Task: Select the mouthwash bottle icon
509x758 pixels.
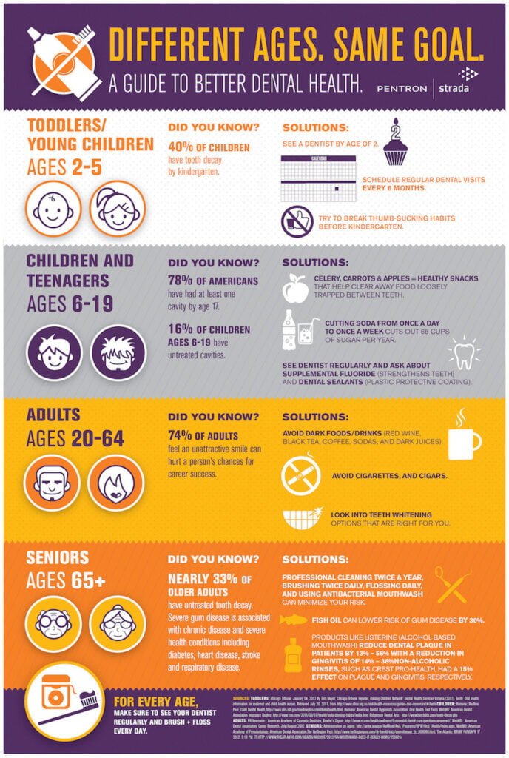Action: (294, 655)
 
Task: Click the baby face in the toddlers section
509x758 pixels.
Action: (53, 209)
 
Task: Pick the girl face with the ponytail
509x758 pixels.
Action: (117, 209)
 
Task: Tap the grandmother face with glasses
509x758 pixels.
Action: (117, 623)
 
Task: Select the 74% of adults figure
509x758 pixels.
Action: (182, 436)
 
